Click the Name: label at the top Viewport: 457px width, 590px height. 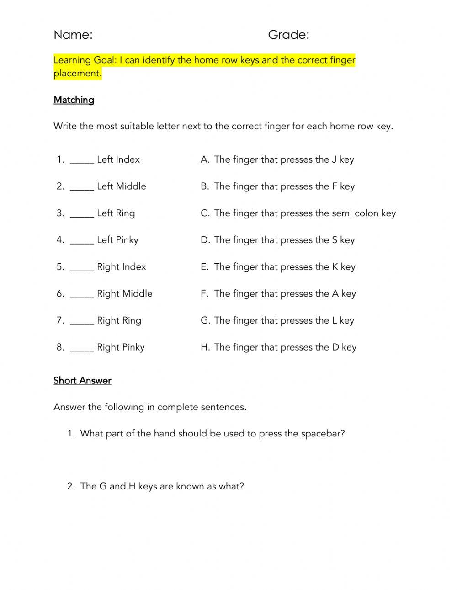[73, 35]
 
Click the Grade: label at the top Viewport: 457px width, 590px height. [288, 35]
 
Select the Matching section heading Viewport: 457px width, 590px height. [74, 100]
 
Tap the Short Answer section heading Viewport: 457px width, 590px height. [82, 381]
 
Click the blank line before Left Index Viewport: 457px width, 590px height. [82, 161]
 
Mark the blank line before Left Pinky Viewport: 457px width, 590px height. [82, 242]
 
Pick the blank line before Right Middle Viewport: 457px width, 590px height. [82, 296]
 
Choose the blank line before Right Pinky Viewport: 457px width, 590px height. [82, 349]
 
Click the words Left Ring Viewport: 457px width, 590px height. [116, 213]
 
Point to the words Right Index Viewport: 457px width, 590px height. [122, 267]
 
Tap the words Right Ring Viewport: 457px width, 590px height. [119, 320]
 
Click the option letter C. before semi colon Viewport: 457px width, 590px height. [205, 213]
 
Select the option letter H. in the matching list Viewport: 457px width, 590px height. [205, 347]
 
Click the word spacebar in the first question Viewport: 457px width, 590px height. [323, 434]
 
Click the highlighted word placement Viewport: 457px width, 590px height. [78, 74]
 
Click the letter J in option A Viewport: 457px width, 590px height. [335, 159]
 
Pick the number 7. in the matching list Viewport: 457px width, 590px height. [60, 320]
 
